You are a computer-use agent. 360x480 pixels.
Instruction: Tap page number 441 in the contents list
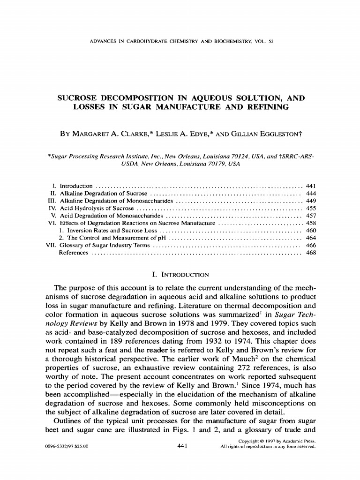tap(310, 186)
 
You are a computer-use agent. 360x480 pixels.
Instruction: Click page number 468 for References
tap(310, 253)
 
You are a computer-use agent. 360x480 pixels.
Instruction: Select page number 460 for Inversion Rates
tap(310, 231)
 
